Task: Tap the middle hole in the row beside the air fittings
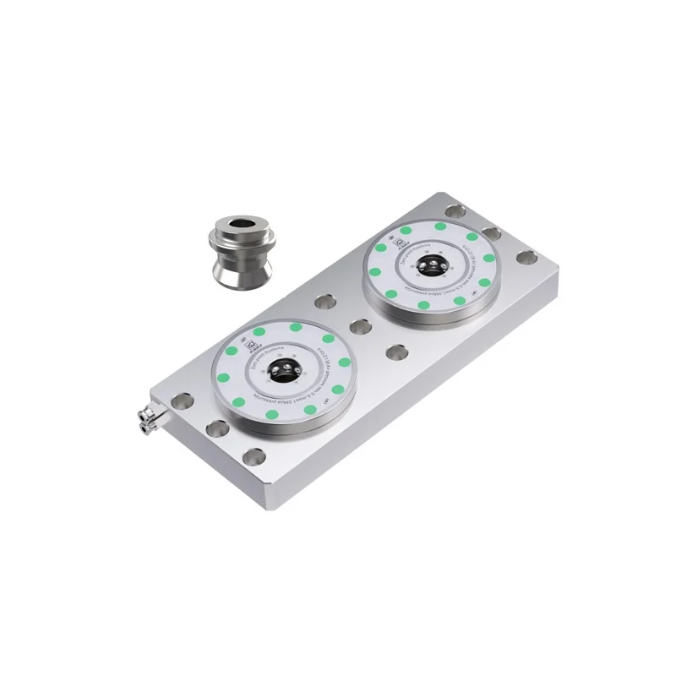tap(216, 429)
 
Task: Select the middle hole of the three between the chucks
tap(361, 326)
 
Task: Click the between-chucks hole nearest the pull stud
tap(325, 301)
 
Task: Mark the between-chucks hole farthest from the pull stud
tap(395, 350)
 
